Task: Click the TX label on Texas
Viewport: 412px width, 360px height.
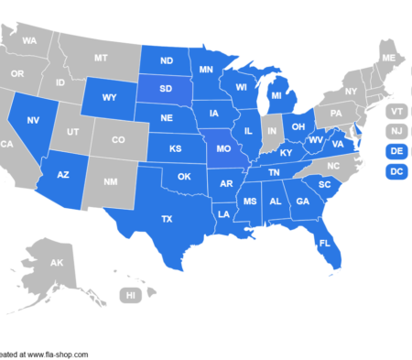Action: click(167, 219)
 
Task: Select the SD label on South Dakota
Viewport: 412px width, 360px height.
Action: click(167, 90)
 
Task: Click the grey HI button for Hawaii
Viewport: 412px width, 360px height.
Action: click(131, 295)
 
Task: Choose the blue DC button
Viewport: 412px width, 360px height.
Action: click(396, 170)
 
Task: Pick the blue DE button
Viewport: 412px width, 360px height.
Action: click(396, 150)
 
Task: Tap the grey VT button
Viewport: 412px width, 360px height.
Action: click(396, 111)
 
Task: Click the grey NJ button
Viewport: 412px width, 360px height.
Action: click(396, 131)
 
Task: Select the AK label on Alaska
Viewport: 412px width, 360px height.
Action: click(57, 263)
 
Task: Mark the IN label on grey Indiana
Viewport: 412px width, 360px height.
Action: click(270, 133)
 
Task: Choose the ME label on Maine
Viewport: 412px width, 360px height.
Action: click(388, 59)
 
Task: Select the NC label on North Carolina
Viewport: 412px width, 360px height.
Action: click(332, 166)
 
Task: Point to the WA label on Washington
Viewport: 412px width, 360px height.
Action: click(29, 41)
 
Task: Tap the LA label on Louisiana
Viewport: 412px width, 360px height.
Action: click(222, 214)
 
